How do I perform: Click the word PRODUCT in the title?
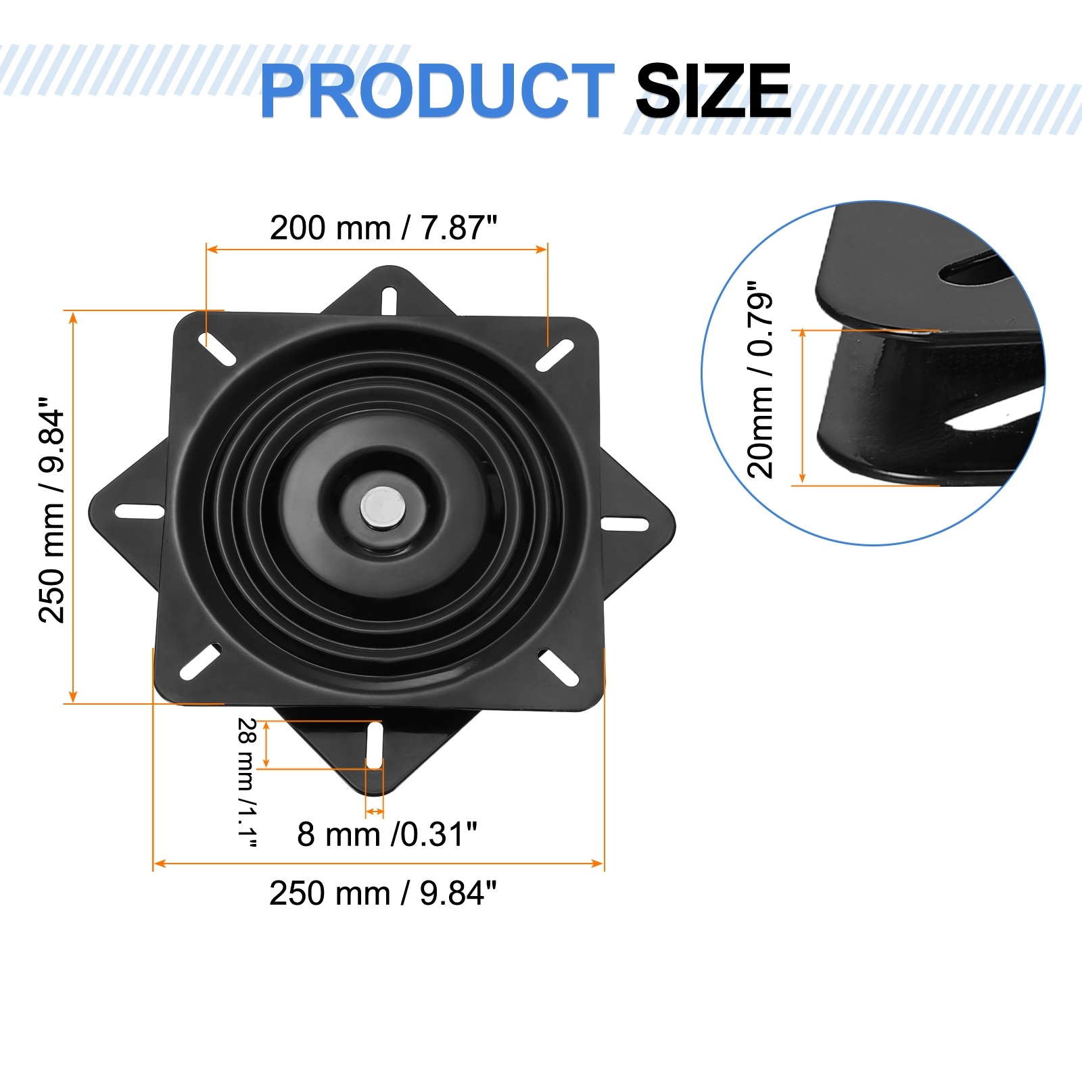coord(437,91)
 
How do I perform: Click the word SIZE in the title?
coord(713,91)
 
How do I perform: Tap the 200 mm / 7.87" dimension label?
coord(383,228)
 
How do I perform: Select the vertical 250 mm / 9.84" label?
coord(52,510)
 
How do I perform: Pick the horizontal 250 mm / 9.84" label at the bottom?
coord(383,893)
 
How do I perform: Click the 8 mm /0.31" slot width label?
coord(387,834)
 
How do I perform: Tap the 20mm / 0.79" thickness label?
coord(760,380)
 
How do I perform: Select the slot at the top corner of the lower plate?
coord(390,300)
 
